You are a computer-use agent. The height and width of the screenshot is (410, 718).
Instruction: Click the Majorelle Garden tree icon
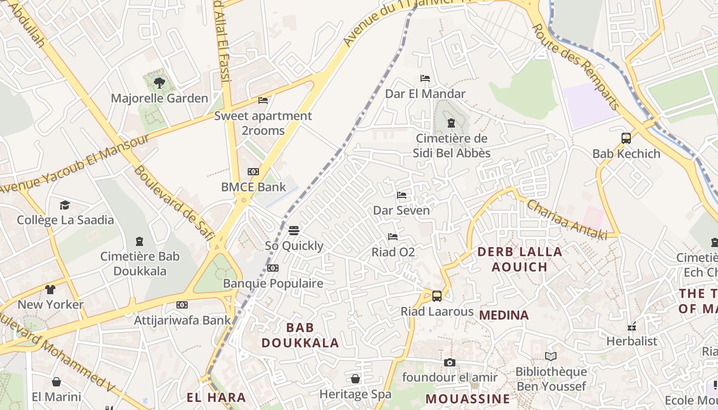click(x=159, y=82)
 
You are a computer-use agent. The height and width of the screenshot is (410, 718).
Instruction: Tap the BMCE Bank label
click(x=253, y=187)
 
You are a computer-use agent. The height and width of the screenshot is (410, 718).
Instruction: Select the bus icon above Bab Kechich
click(x=626, y=138)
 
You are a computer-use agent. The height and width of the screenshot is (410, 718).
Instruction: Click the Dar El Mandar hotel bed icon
click(x=425, y=78)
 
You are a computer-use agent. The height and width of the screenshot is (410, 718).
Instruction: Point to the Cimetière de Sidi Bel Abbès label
click(x=451, y=146)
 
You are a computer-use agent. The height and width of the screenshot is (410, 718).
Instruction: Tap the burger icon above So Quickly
click(x=294, y=230)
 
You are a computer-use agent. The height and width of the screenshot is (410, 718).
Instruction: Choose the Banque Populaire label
click(x=273, y=283)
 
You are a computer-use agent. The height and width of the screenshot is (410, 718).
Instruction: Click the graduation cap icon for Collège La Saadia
click(x=65, y=205)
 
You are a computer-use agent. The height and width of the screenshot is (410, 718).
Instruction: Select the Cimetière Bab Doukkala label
click(x=140, y=263)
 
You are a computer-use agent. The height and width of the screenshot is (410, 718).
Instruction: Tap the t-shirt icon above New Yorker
click(x=50, y=289)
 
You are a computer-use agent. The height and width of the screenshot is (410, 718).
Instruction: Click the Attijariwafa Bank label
click(x=183, y=320)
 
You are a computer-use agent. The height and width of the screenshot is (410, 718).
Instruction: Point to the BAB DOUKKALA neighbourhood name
click(x=300, y=335)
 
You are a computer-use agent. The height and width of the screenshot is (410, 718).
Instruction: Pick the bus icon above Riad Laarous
click(x=437, y=296)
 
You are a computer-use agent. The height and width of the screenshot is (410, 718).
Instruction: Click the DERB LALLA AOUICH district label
click(x=520, y=259)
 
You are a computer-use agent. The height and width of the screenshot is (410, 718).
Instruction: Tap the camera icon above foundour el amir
click(x=450, y=362)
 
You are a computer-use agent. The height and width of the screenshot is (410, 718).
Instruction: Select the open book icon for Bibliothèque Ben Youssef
click(x=551, y=356)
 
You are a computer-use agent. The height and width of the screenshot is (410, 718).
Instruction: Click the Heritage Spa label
click(x=355, y=394)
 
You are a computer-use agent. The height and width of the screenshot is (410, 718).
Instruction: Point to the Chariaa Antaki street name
click(x=567, y=219)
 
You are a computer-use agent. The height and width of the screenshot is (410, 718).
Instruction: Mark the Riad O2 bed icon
click(x=393, y=236)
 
